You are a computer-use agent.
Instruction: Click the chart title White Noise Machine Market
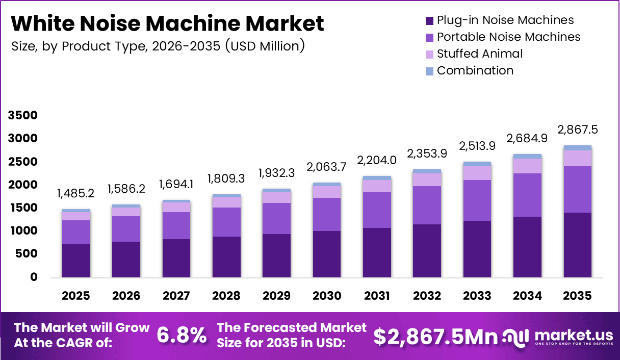click(167, 23)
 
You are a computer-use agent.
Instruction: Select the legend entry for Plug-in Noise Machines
click(505, 20)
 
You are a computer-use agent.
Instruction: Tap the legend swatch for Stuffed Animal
click(429, 54)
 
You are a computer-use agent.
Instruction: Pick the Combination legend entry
click(475, 70)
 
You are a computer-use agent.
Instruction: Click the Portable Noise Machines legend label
click(508, 37)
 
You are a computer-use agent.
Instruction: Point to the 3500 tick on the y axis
click(22, 116)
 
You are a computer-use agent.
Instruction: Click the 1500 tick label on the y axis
click(22, 208)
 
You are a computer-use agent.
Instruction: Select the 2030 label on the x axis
click(327, 296)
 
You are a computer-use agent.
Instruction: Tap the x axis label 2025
click(76, 296)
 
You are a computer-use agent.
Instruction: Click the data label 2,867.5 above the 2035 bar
click(578, 130)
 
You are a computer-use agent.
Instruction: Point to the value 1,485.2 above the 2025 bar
click(76, 194)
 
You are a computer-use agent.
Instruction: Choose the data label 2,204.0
click(377, 160)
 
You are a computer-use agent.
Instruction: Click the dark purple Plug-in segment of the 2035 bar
click(578, 245)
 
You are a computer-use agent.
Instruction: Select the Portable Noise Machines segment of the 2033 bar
click(477, 200)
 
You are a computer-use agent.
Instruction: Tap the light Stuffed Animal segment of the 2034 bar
click(527, 166)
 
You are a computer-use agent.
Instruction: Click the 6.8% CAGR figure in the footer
click(182, 336)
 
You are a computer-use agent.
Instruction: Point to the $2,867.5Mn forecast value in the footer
click(435, 336)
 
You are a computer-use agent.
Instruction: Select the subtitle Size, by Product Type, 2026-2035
click(158, 46)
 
